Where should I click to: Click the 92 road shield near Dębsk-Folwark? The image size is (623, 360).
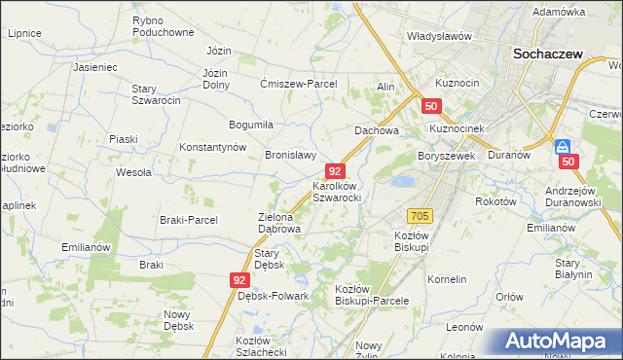coord(241,279)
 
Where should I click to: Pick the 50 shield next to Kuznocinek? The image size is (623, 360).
coord(432,107)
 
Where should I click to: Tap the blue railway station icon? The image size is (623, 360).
coord(563,147)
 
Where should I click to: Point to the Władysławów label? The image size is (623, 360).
coord(439,36)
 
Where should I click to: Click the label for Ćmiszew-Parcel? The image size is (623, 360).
coord(298,84)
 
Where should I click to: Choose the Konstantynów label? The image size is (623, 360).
coord(211,147)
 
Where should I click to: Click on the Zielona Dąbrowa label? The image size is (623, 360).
coord(278,223)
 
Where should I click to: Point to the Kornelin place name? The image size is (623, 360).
coord(447,279)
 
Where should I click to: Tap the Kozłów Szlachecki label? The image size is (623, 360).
coord(260,345)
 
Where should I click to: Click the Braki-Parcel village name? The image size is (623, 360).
coord(189,220)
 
